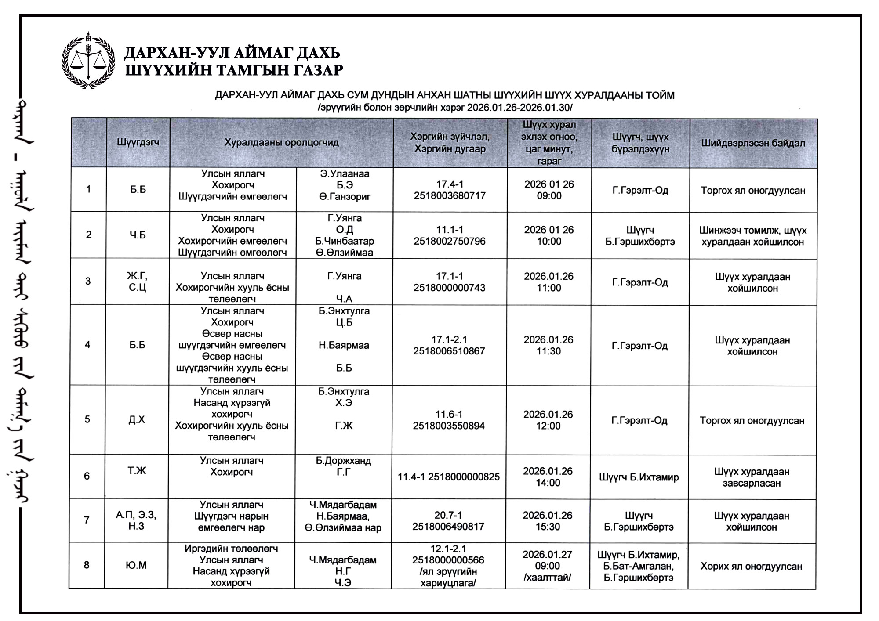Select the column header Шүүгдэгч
pyautogui.click(x=138, y=142)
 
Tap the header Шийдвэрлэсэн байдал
pyautogui.click(x=753, y=143)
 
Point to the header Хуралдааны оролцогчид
pyautogui.click(x=281, y=142)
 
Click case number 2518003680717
pyautogui.click(x=450, y=195)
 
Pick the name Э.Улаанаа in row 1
pyautogui.click(x=345, y=173)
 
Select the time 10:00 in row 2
pyautogui.click(x=549, y=241)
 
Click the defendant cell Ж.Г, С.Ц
pyautogui.click(x=137, y=282)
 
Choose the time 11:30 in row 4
pyautogui.click(x=548, y=351)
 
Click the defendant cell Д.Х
pyautogui.click(x=137, y=419)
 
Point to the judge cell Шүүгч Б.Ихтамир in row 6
pyautogui.click(x=639, y=477)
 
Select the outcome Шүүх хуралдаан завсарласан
pyautogui.click(x=752, y=477)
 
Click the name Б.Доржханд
pyautogui.click(x=343, y=461)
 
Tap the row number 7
pyautogui.click(x=87, y=520)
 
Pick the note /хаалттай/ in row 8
pyautogui.click(x=547, y=577)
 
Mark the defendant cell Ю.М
pyautogui.click(x=136, y=565)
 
